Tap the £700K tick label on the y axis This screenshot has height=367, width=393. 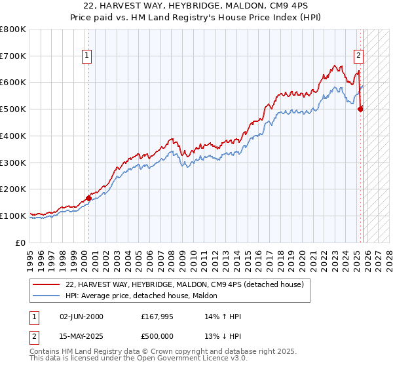click(x=13, y=56)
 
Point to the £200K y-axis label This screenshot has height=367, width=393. click(x=13, y=189)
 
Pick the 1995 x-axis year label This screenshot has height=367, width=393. click(x=30, y=256)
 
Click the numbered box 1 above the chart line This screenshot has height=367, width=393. click(x=88, y=56)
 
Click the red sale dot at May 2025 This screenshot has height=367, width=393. click(x=360, y=109)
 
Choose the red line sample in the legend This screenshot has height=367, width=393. click(x=47, y=285)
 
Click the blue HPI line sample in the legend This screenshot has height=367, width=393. click(x=47, y=296)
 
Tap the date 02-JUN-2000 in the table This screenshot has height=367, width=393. click(x=81, y=317)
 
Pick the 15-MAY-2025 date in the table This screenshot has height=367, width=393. click(x=81, y=336)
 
